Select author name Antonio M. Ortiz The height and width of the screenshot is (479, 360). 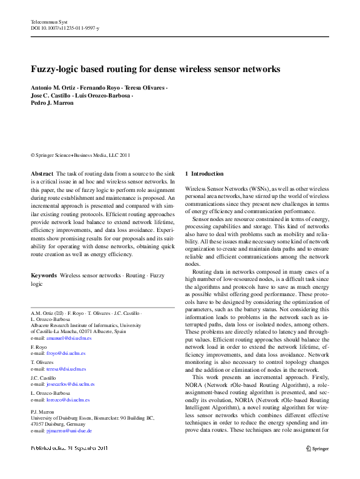tap(53, 88)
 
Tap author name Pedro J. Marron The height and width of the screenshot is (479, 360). tap(52, 103)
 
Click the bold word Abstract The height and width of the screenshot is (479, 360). tap(41, 174)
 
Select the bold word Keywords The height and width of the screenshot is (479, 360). tap(44, 276)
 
